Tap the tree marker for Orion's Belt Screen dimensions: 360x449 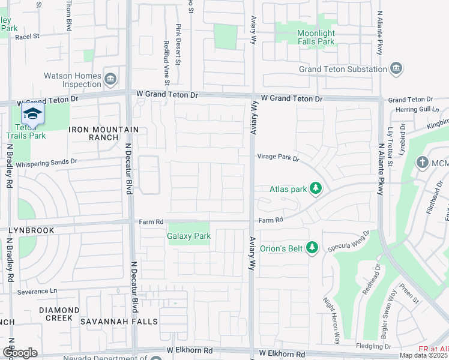(x=311, y=247)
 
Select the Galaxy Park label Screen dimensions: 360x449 (x=188, y=236)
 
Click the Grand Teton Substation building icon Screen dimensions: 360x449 (x=396, y=69)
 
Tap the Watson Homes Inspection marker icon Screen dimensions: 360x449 (x=110, y=79)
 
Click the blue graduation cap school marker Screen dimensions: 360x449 (x=32, y=114)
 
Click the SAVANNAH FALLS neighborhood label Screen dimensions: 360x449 (x=123, y=322)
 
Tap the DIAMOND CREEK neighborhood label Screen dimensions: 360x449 (x=59, y=310)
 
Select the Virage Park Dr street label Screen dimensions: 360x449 (x=278, y=157)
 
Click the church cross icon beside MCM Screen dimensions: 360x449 (x=422, y=163)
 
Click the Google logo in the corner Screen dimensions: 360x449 (x=20, y=353)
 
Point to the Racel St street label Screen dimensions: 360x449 (x=27, y=37)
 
